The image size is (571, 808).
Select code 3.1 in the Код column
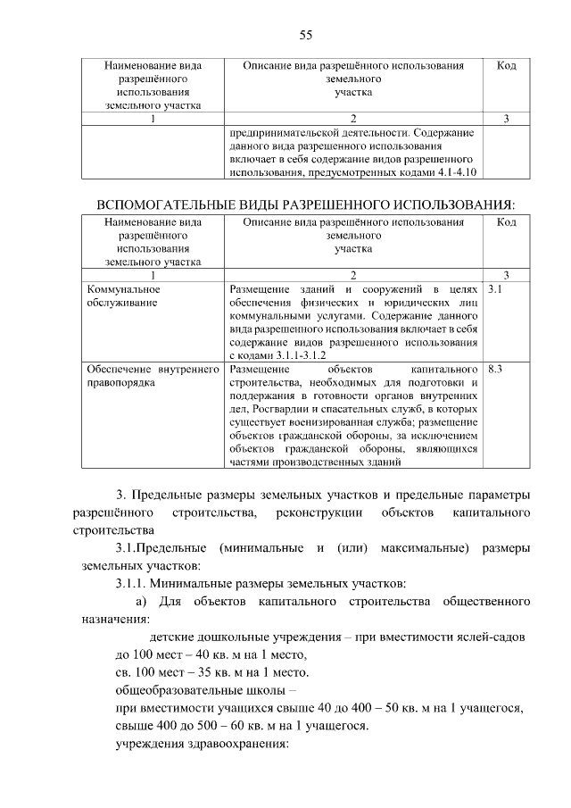pyautogui.click(x=497, y=290)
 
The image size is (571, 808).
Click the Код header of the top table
pyautogui.click(x=506, y=66)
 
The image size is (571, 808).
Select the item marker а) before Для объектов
pyautogui.click(x=143, y=603)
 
